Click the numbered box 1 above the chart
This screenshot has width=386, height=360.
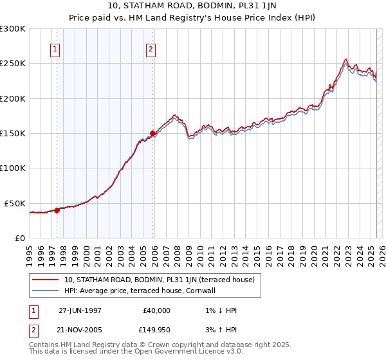(55, 49)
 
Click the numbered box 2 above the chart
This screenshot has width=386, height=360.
(151, 49)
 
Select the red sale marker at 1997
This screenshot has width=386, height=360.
(57, 210)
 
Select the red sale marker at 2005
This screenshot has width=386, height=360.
(153, 134)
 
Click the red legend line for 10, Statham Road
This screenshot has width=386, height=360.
(46, 280)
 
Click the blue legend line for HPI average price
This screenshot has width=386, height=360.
(46, 291)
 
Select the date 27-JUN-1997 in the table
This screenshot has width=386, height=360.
(80, 310)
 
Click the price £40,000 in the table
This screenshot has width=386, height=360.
(157, 310)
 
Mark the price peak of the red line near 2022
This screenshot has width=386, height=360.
(346, 59)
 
